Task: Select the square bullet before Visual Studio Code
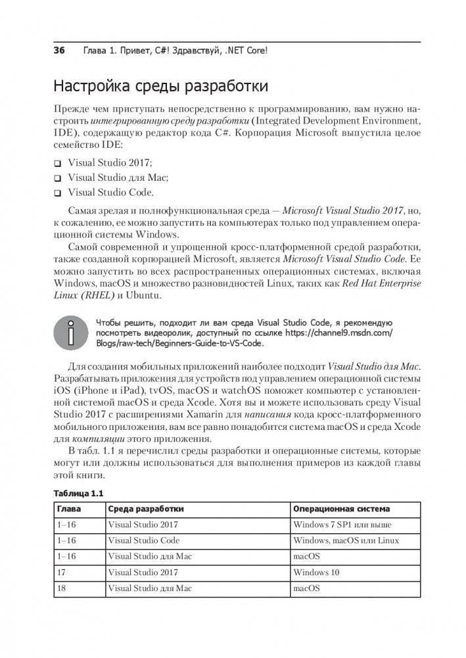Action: [58, 193]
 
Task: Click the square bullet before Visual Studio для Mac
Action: [58, 178]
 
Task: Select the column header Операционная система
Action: [341, 509]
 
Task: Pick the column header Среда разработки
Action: [145, 509]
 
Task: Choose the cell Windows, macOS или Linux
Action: [346, 540]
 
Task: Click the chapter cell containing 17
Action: [62, 573]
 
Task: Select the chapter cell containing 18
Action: [62, 588]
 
